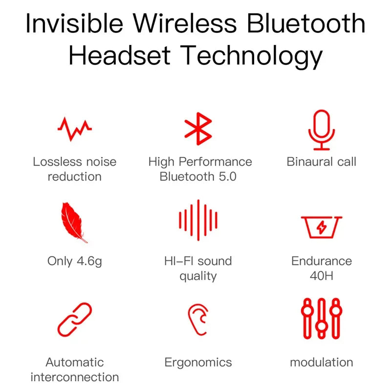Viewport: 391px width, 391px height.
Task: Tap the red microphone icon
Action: [x=322, y=129]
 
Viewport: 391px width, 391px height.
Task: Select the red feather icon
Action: [x=74, y=222]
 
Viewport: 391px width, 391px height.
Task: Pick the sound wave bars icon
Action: [x=198, y=220]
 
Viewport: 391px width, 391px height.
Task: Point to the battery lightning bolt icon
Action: [x=322, y=227]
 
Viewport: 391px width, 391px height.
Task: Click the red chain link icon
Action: [x=74, y=319]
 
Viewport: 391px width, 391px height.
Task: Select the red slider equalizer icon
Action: [x=321, y=318]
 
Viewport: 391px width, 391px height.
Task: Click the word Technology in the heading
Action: [x=252, y=56]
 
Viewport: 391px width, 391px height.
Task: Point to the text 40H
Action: [x=322, y=276]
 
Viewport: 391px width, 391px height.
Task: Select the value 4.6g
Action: [x=88, y=261]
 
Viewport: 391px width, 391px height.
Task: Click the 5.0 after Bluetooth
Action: [x=227, y=176]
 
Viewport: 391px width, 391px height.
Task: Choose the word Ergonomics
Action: [x=198, y=363]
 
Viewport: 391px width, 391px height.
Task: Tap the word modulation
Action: [x=321, y=362]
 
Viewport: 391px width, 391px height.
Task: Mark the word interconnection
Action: [x=74, y=377]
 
